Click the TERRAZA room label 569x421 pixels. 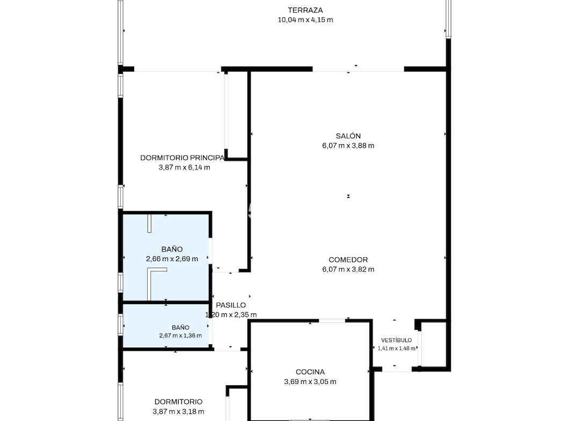[x=305, y=10]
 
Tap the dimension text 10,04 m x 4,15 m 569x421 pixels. [x=305, y=20]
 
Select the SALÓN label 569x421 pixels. [x=348, y=136]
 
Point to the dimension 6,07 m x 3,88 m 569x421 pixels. [x=348, y=146]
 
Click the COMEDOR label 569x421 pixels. [x=348, y=260]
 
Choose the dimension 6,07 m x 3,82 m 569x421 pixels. [x=348, y=269]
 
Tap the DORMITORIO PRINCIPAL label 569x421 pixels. [x=183, y=158]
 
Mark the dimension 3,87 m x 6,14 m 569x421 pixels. [x=184, y=167]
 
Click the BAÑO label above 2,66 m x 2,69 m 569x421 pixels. [x=172, y=249]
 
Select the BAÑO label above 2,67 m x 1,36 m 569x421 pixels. [x=180, y=328]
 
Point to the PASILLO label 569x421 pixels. [x=231, y=305]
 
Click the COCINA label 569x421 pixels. [x=310, y=372]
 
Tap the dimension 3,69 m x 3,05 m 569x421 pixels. [x=310, y=382]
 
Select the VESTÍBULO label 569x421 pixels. [x=396, y=340]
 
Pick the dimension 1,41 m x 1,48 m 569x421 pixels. [x=396, y=349]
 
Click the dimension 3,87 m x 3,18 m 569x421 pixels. [x=178, y=411]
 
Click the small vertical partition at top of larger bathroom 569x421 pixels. [x=149, y=224]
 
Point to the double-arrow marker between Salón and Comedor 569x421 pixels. [x=348, y=196]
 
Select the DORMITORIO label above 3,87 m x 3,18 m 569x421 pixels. [x=178, y=402]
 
